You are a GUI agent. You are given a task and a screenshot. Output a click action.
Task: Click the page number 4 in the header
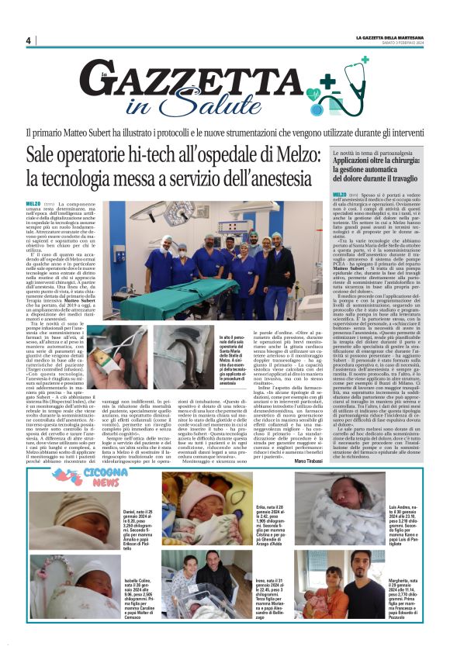(x=28, y=40)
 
